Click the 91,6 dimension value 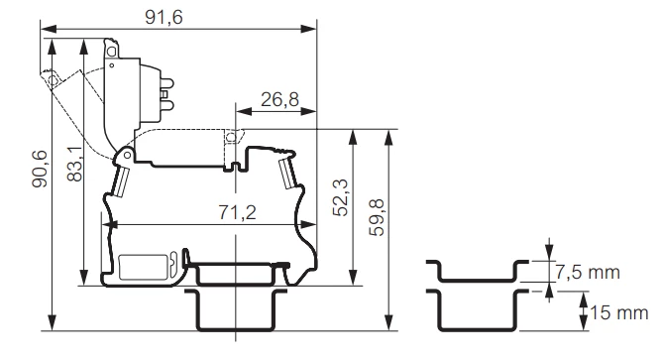click(x=164, y=17)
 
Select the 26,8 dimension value click(x=279, y=100)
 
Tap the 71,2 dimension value click(x=237, y=212)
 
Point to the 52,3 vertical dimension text click(x=340, y=197)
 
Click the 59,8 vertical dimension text click(x=377, y=217)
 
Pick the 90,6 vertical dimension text click(x=40, y=169)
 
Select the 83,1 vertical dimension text click(x=75, y=163)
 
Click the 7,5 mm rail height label click(x=588, y=273)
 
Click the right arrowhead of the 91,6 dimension click(x=308, y=29)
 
